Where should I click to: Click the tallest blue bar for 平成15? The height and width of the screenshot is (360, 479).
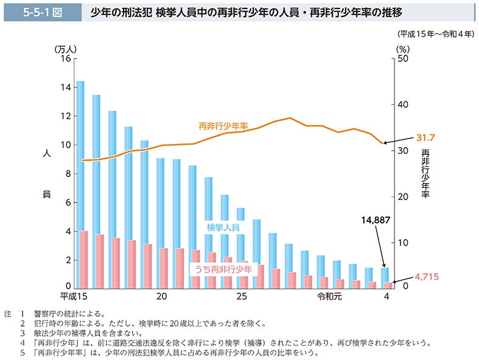coord(80,182)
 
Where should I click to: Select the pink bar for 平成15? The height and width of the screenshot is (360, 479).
coord(84,258)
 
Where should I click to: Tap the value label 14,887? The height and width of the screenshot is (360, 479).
coord(374,220)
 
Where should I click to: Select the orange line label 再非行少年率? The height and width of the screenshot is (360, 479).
coord(223,126)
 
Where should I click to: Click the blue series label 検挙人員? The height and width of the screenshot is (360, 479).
coord(223,227)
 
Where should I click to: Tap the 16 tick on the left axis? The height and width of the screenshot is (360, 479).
coord(66,58)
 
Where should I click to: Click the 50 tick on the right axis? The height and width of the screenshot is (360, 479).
coord(401,58)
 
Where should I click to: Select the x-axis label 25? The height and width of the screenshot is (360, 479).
coord(242,297)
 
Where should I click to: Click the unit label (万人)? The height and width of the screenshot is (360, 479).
coord(64,48)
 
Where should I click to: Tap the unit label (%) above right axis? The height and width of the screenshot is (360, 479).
coord(402,48)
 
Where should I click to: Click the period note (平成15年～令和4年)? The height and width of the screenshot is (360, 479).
coord(435,34)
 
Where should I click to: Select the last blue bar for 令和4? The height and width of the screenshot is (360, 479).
coord(385,277)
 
